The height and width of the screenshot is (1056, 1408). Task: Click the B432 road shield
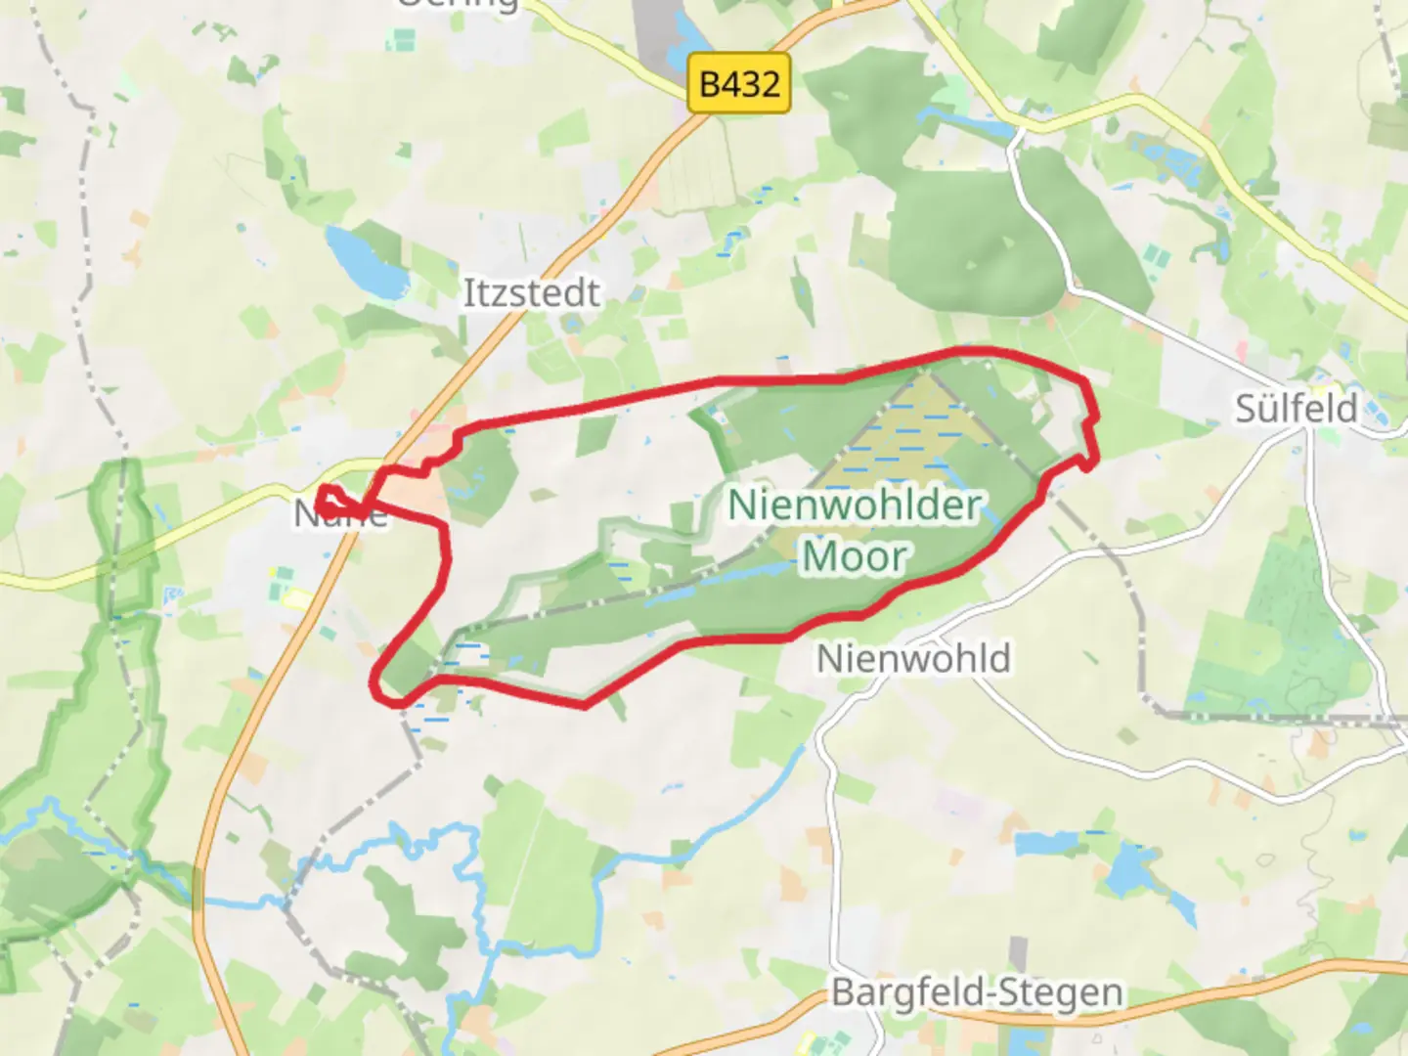(739, 84)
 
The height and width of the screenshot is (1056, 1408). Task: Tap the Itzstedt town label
(531, 293)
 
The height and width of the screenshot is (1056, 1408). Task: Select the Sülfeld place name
(1296, 408)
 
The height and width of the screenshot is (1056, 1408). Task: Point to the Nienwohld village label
(913, 658)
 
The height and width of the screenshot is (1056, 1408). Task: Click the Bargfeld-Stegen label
(977, 992)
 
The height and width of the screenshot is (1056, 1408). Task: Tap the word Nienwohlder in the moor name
(855, 506)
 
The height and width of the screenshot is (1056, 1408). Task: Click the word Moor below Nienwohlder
(855, 556)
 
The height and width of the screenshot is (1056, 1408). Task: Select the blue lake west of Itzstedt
(366, 261)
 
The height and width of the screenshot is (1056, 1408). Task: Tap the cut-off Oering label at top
(457, 5)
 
